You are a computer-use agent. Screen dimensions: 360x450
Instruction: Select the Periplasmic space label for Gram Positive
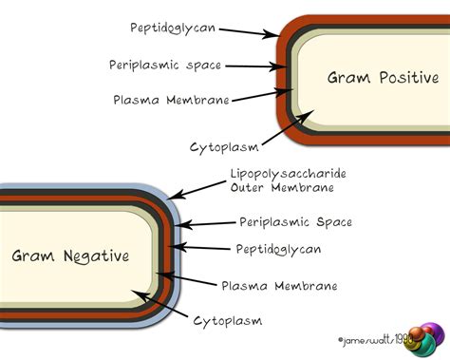(165, 65)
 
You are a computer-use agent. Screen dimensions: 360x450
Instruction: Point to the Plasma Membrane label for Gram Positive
(171, 98)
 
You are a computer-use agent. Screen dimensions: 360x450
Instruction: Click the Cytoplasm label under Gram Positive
(225, 146)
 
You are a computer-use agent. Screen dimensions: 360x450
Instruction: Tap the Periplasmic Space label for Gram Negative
(297, 222)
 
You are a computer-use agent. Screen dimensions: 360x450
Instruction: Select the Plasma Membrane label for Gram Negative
(279, 285)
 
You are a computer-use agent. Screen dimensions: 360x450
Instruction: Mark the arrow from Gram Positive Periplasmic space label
(254, 66)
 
